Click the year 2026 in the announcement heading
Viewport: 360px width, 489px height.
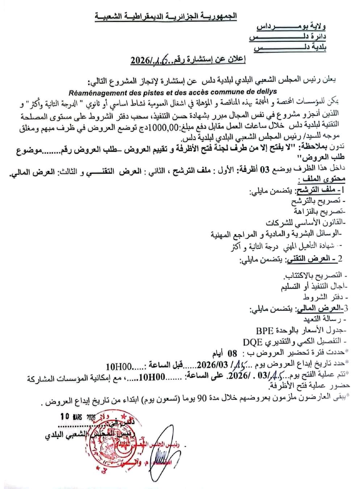[141, 60]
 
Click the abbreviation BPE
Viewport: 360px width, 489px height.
[264, 330]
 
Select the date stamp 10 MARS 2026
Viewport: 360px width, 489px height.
[78, 417]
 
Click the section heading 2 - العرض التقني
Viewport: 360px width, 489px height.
[314, 259]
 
